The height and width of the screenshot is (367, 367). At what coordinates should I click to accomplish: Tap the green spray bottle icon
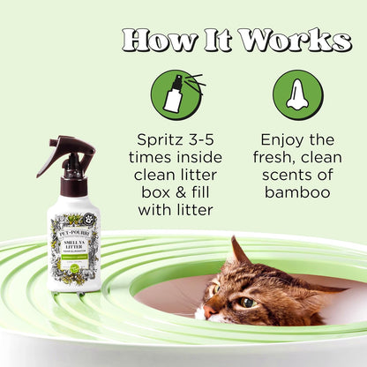(x=176, y=94)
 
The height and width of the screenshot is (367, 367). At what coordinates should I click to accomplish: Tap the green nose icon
(x=296, y=94)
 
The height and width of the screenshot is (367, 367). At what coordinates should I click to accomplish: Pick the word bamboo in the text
(x=296, y=193)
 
